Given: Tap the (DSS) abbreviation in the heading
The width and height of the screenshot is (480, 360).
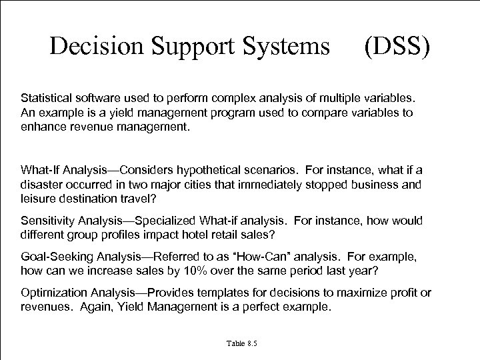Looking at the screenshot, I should coord(397,46).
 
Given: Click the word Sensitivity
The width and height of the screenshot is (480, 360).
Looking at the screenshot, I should coord(47,221).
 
